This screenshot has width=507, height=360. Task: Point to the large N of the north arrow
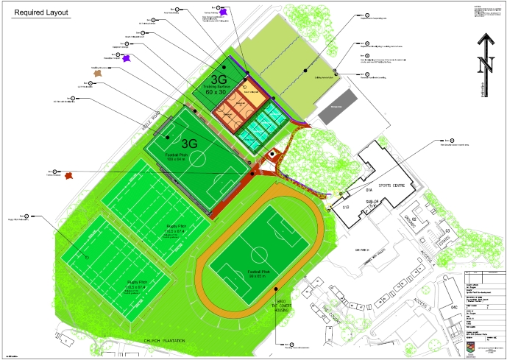(x=485, y=65)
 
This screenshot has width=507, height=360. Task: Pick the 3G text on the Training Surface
(x=219, y=78)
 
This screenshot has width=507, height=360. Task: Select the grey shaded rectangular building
(x=338, y=105)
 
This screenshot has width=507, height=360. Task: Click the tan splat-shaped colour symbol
(x=99, y=72)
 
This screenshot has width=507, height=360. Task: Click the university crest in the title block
(x=471, y=341)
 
